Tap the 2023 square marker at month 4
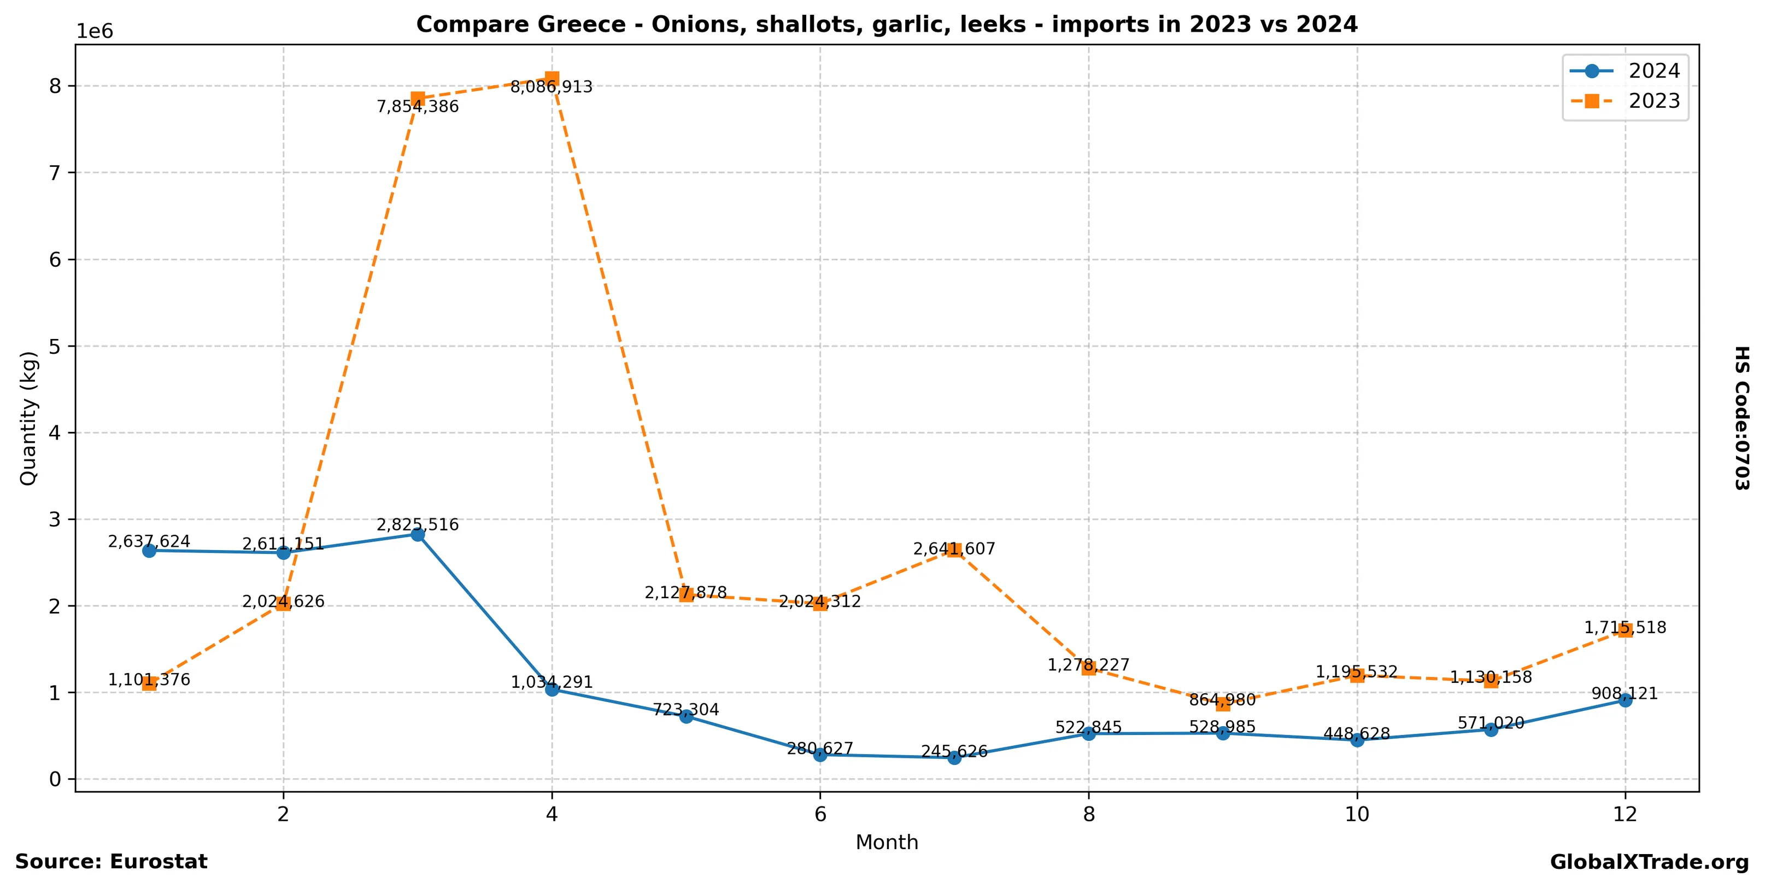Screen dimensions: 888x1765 (x=552, y=78)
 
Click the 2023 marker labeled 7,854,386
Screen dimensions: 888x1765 (x=417, y=98)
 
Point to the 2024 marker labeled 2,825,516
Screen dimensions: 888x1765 (x=417, y=534)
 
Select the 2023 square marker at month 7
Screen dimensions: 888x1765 (x=954, y=550)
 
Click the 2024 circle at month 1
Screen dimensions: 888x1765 (x=149, y=550)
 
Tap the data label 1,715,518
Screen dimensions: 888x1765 (x=1625, y=628)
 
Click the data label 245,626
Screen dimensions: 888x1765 (x=954, y=752)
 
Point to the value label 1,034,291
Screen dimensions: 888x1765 (x=552, y=682)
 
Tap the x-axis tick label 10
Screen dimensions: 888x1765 (x=1357, y=814)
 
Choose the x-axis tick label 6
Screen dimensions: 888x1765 (x=819, y=814)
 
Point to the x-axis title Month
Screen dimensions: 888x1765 (x=887, y=842)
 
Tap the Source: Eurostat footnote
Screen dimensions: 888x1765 (x=111, y=861)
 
